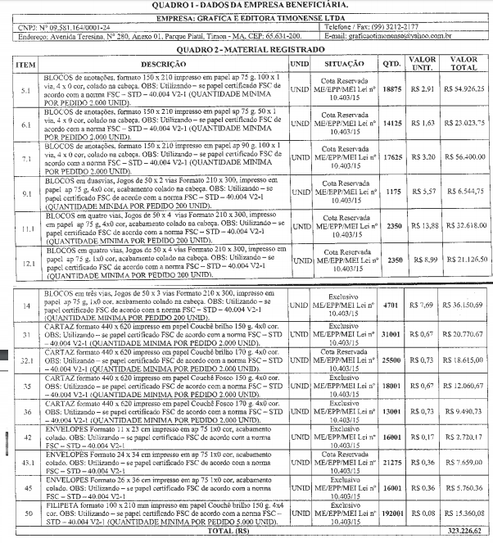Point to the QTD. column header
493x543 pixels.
click(x=391, y=63)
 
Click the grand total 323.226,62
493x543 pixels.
click(x=464, y=530)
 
